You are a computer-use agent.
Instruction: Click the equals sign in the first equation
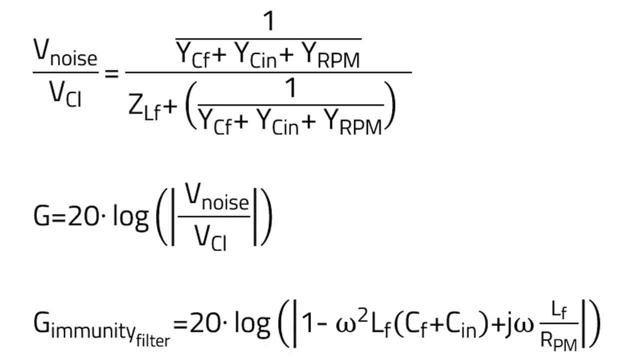[x=111, y=74]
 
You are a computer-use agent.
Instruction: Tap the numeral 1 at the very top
[x=269, y=21]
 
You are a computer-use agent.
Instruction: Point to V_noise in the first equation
[x=65, y=53]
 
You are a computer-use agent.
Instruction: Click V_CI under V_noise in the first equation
[x=65, y=94]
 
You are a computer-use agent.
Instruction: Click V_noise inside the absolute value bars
[x=216, y=198]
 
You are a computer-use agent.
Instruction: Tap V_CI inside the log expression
[x=210, y=238]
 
